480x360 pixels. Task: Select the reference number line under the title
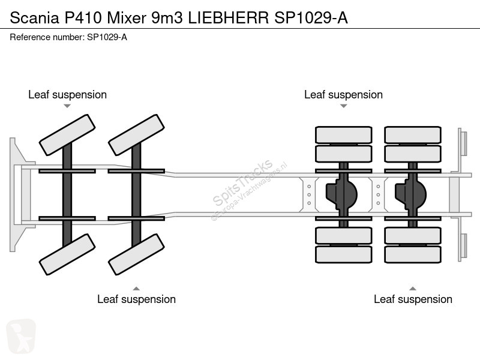pyautogui.click(x=68, y=37)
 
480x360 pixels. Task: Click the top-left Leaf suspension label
pyautogui.click(x=67, y=95)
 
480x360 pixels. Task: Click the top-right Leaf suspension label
pyautogui.click(x=343, y=95)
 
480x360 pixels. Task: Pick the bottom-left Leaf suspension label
pyautogui.click(x=136, y=299)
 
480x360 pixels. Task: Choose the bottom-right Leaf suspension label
pyautogui.click(x=413, y=299)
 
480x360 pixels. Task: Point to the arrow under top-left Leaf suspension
pyautogui.click(x=67, y=106)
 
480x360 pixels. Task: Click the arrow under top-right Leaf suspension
pyautogui.click(x=343, y=106)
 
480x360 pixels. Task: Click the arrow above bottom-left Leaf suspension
pyautogui.click(x=136, y=287)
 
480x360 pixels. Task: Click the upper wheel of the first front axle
pyautogui.click(x=67, y=135)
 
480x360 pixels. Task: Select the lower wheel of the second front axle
pyautogui.click(x=136, y=254)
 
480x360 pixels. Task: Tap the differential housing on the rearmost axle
pyautogui.click(x=410, y=193)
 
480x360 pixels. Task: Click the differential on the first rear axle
pyautogui.click(x=341, y=193)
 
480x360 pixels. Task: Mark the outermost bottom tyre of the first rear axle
pyautogui.click(x=344, y=254)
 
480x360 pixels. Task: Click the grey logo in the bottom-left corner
pyautogui.click(x=20, y=335)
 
